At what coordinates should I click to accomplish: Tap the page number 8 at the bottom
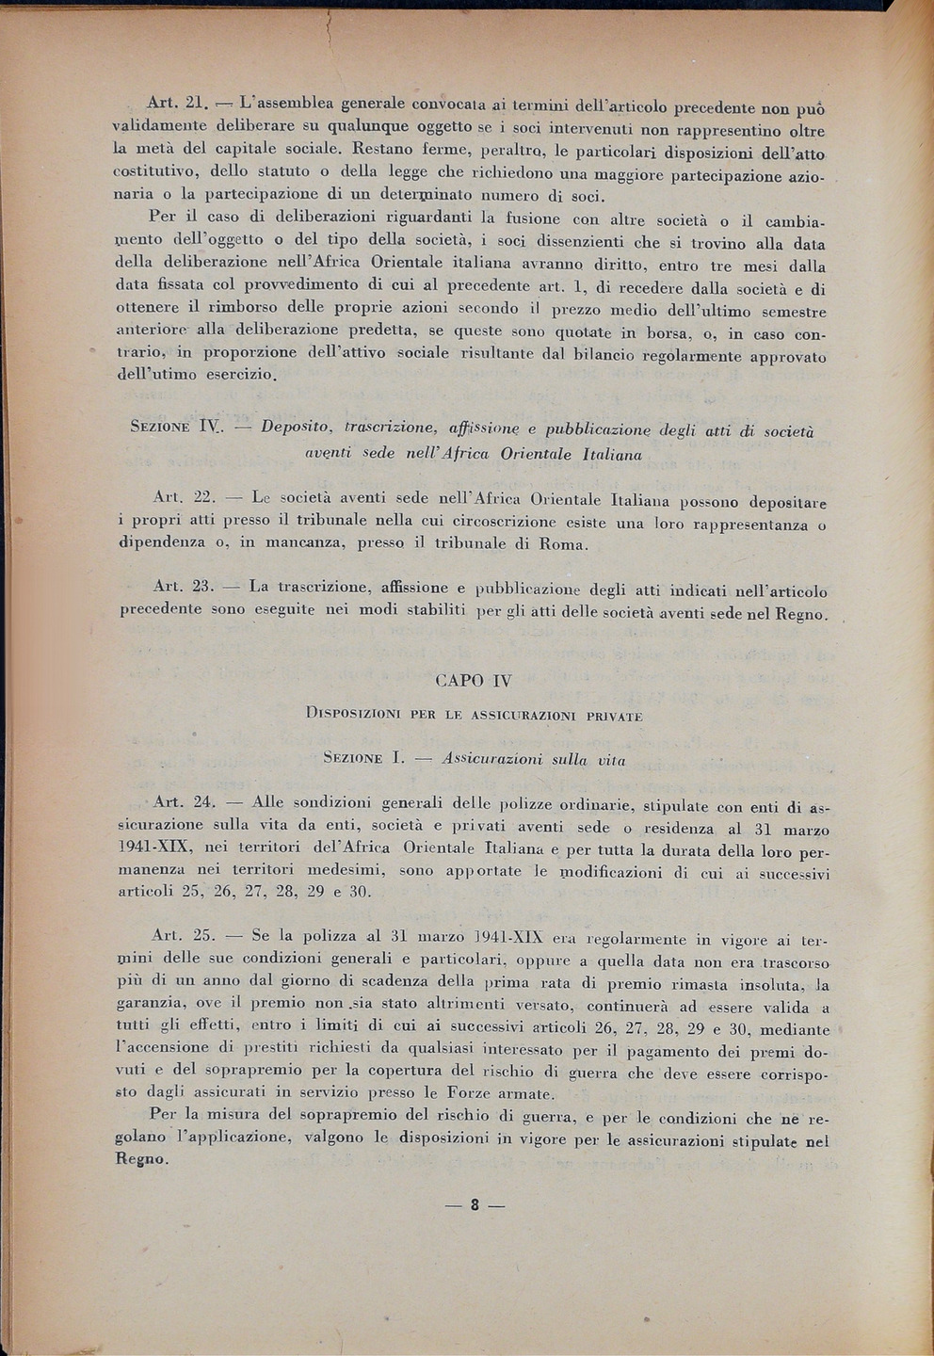click(475, 1203)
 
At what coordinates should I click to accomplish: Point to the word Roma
click(562, 544)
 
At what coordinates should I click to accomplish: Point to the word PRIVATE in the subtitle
click(614, 716)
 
